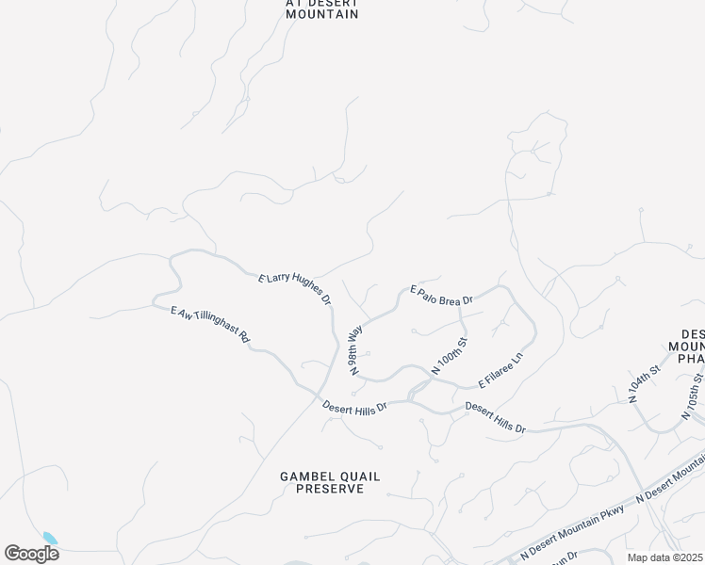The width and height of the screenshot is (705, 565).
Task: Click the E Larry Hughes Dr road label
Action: point(295,288)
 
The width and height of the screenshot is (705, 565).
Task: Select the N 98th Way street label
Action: point(356,351)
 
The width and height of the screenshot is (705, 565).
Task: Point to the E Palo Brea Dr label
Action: point(439,294)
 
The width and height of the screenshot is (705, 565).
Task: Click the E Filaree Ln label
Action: point(500,371)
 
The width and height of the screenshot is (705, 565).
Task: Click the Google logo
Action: point(31,553)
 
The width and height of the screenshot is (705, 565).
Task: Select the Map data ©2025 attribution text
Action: point(665,557)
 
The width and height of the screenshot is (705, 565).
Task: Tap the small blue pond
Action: point(50,539)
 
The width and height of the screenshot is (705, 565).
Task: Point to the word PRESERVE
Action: point(330,489)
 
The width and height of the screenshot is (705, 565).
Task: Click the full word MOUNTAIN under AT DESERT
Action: point(322,14)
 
